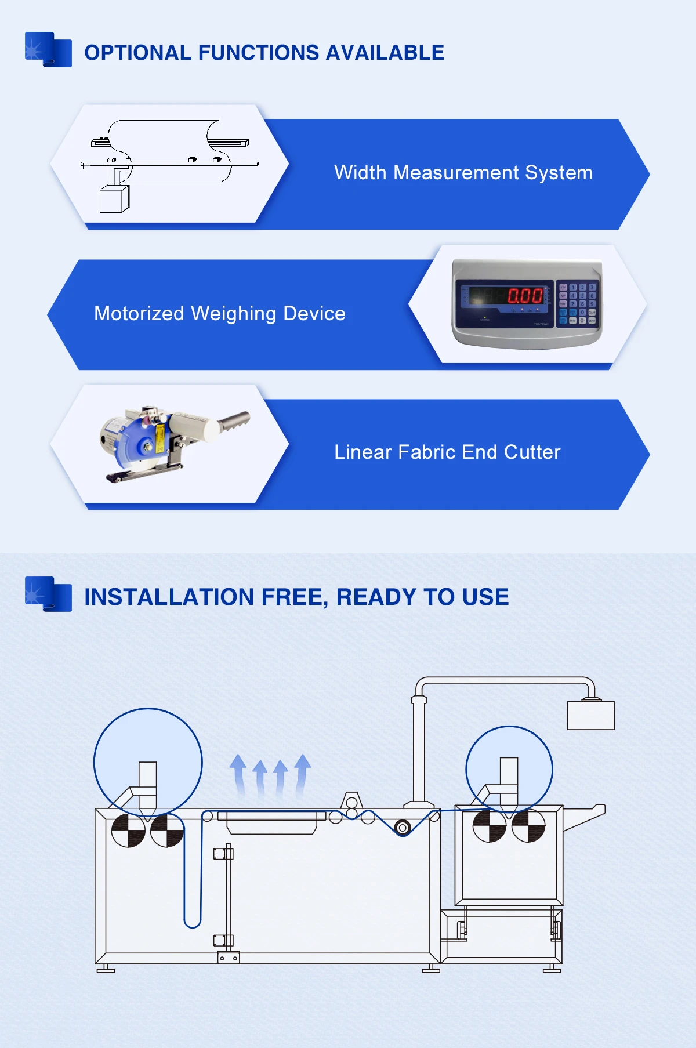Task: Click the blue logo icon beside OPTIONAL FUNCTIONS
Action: coord(48,49)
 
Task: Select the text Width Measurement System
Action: coord(463,173)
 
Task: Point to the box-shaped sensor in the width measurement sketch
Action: coord(114,199)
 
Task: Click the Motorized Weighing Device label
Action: coord(219,314)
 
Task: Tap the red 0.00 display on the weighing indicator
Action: coord(525,296)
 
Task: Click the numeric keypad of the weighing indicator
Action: coord(577,303)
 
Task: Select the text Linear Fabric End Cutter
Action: coord(447,452)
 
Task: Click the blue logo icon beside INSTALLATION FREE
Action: coord(48,594)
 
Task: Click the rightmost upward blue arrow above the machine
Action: coord(302,774)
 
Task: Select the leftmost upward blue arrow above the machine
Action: coord(238,774)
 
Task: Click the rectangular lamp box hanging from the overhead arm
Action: coord(590,715)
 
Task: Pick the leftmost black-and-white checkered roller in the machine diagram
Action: coord(128,831)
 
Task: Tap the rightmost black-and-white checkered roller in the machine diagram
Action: coord(528,826)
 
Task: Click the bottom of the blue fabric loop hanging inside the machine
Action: coord(193,926)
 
